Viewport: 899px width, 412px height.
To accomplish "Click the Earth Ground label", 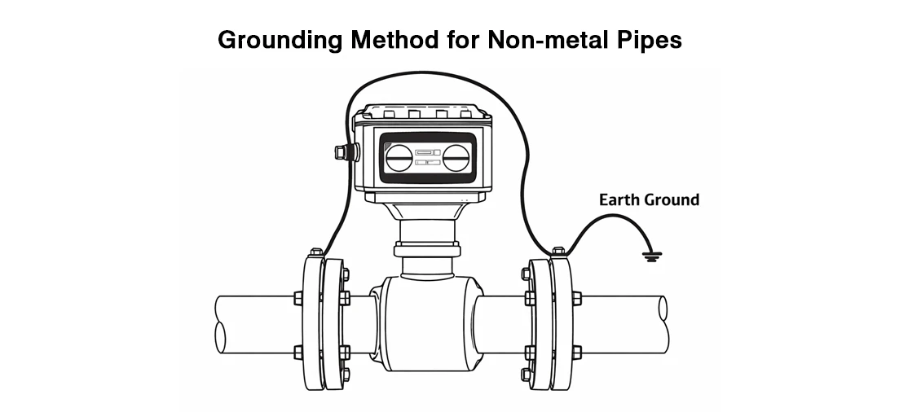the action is point(649,200).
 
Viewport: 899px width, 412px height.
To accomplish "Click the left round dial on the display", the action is point(399,158).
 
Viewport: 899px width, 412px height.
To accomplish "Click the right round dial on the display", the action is point(456,158).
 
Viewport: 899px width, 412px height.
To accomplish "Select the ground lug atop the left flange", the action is point(316,252).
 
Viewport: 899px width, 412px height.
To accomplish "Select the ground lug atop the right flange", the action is point(557,251).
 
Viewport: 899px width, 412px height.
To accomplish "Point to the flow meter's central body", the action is point(426,324).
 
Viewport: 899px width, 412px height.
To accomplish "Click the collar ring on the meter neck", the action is point(427,250).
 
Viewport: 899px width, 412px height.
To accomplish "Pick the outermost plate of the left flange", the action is point(313,323).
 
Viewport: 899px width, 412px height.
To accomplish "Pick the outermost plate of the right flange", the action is point(562,323).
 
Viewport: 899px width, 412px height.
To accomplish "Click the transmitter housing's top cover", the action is point(422,112).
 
